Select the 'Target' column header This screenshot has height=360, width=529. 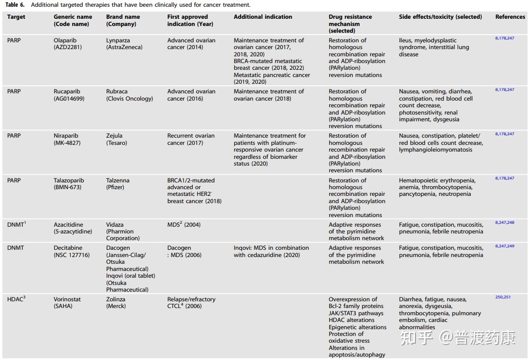(x=16, y=17)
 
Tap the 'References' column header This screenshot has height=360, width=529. (x=510, y=17)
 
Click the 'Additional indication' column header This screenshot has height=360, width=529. (x=263, y=17)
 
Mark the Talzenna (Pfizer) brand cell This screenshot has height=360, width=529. (x=118, y=184)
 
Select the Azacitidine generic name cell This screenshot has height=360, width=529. (x=72, y=228)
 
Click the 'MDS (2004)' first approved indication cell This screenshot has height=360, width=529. (x=181, y=225)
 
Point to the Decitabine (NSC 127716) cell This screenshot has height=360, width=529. (x=72, y=251)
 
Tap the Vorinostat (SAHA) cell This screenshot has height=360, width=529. (x=67, y=302)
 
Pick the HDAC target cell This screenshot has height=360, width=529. (x=16, y=299)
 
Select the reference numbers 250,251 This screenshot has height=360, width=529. (x=503, y=297)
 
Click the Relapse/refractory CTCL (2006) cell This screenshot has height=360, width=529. (x=191, y=302)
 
